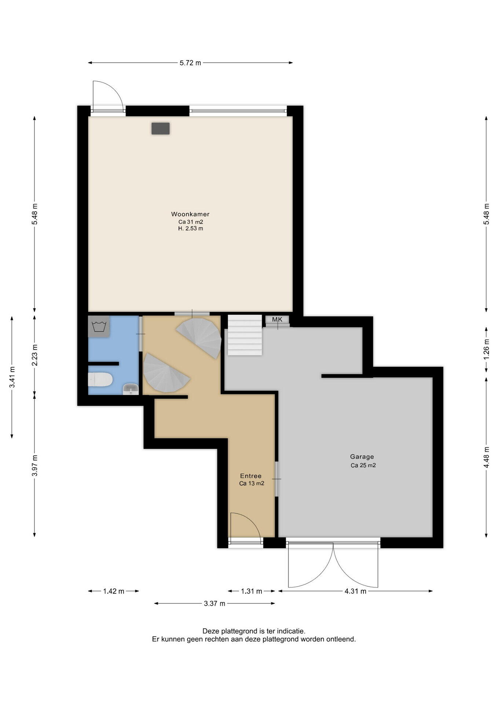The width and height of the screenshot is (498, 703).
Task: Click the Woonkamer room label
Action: pos(190,214)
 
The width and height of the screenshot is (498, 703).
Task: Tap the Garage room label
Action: pos(362,457)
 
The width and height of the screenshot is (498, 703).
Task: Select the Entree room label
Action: pos(251,476)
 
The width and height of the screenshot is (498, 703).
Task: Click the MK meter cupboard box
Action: pos(277,320)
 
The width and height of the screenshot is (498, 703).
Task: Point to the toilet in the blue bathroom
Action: pos(100,379)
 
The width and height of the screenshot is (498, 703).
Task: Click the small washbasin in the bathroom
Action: pos(131,389)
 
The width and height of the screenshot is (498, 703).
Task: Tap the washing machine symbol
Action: pos(99,326)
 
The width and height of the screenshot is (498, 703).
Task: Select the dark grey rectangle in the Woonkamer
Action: pos(161,129)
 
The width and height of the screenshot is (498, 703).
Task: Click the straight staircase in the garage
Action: pos(245,335)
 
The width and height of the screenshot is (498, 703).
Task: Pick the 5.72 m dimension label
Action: pos(190,63)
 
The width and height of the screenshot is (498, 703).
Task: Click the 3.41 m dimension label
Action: pos(12,377)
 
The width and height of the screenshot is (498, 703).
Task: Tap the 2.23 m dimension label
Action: pos(34,355)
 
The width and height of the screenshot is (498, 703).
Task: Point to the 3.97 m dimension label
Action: pos(34,465)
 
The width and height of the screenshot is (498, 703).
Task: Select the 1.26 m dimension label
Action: pos(486,350)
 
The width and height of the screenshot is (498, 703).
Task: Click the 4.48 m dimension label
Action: pos(486,457)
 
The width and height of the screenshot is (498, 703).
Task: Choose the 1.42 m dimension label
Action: pos(114,591)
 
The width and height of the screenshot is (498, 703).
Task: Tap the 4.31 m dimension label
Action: pos(355,591)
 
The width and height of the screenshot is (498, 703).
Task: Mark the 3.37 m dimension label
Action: pos(215,603)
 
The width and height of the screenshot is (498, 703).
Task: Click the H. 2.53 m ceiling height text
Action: pos(191,228)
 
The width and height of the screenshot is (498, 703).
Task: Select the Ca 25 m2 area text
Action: pos(363,465)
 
